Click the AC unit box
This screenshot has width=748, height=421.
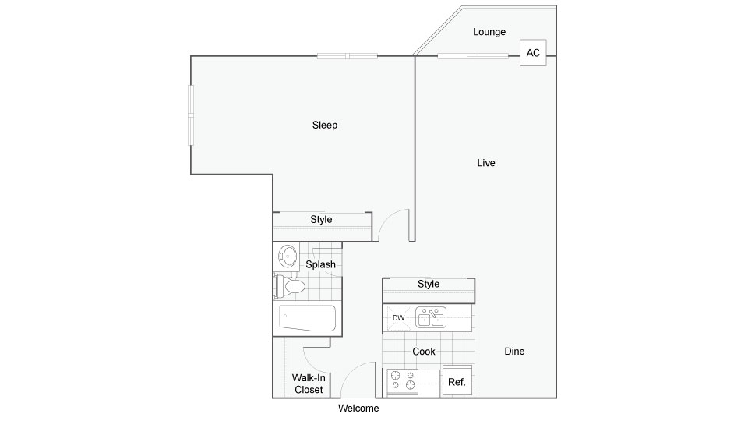click(533, 52)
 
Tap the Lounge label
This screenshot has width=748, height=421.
click(489, 32)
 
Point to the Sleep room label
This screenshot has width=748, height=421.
click(324, 125)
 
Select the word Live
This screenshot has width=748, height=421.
click(486, 163)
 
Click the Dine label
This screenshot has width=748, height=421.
click(514, 352)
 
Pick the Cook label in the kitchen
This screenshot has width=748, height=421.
click(424, 352)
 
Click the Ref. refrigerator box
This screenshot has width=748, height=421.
click(457, 381)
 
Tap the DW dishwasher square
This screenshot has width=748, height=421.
click(399, 318)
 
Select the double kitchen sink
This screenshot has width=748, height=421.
click(431, 317)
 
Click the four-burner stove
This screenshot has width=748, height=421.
click(402, 382)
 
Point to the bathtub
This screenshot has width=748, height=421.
click(307, 318)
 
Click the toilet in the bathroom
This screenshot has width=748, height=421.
click(290, 286)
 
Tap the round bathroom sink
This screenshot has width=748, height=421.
click(288, 256)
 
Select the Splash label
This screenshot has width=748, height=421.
click(320, 264)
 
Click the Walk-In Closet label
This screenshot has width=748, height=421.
click(309, 384)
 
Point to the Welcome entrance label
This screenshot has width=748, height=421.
click(358, 408)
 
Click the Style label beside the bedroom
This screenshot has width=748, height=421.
click(321, 220)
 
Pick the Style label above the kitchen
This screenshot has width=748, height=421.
click(429, 284)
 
